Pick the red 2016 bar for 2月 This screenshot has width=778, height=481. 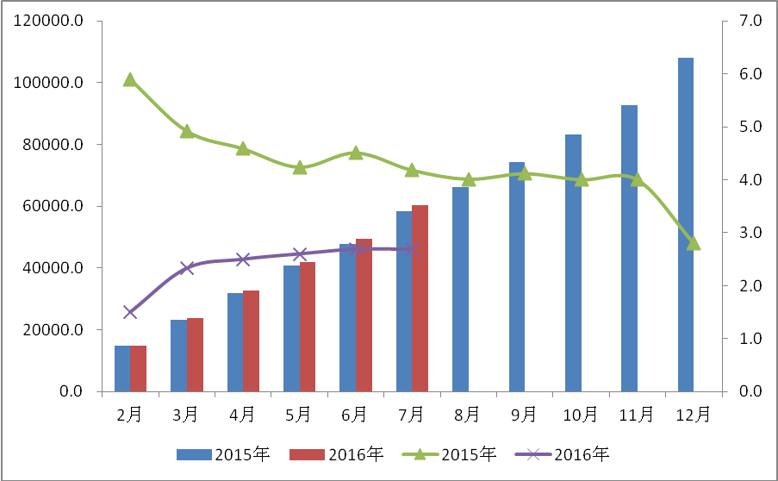(139, 368)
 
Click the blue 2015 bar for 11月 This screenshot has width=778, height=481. (630, 248)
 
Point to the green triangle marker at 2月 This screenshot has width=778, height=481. (130, 79)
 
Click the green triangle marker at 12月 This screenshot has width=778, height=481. (694, 243)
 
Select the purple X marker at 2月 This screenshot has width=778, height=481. (130, 312)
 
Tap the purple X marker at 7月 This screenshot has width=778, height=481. (412, 249)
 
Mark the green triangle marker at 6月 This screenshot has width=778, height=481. (356, 153)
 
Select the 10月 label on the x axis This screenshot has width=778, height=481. (581, 415)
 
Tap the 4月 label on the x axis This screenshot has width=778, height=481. (243, 415)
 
